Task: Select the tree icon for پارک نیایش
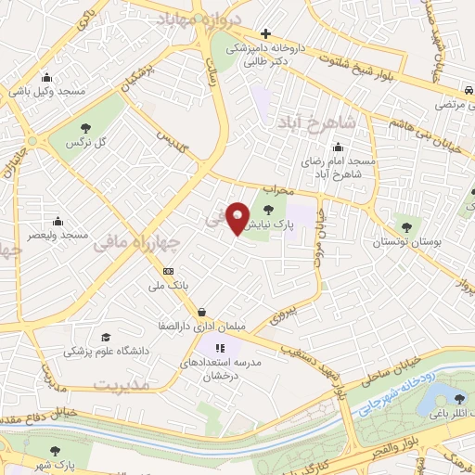tap(269, 210)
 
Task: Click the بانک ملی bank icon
tap(168, 270)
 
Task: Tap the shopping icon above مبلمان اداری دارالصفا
tap(201, 313)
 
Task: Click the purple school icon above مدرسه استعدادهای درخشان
tap(204, 348)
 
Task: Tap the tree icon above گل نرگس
tap(85, 128)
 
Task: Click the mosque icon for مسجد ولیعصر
tap(58, 221)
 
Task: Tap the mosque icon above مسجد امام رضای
tap(337, 146)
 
